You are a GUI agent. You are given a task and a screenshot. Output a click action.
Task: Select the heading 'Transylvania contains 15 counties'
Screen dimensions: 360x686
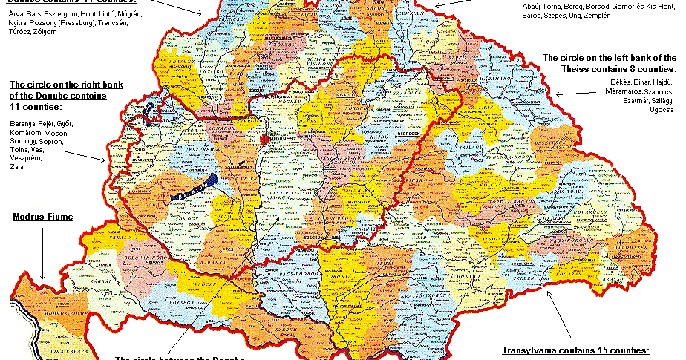pos(575,350)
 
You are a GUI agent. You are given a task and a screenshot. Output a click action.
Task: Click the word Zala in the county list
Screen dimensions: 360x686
pos(16,168)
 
